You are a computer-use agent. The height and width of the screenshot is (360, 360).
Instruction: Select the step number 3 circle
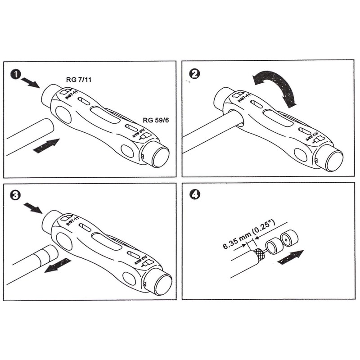[16, 195]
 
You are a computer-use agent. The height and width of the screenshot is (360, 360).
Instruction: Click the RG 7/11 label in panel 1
[79, 80]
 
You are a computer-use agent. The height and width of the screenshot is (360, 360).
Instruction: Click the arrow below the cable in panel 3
[57, 265]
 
